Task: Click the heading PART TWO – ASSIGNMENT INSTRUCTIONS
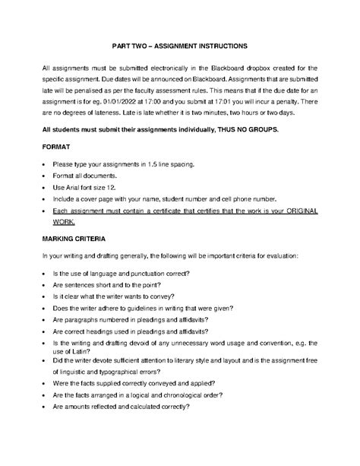[180, 46]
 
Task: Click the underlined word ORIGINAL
[300, 209]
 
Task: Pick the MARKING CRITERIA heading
[74, 239]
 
